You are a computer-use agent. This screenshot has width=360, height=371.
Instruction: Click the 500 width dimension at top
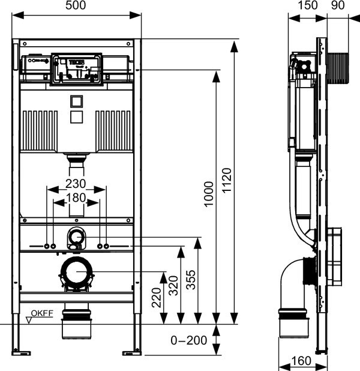(x=76, y=5)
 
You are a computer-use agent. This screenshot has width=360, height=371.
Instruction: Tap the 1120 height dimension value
(x=227, y=180)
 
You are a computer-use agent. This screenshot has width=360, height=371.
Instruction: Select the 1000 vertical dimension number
(x=209, y=195)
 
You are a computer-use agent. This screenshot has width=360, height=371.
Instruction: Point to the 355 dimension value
(x=191, y=280)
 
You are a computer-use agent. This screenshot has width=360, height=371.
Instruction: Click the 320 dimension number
(x=173, y=286)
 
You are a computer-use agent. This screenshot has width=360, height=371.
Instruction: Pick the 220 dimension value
(x=157, y=298)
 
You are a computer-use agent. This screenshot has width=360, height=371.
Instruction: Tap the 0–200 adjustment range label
(x=189, y=340)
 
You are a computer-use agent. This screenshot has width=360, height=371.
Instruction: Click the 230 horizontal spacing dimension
(x=76, y=184)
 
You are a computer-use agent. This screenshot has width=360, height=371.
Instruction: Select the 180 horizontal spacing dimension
(x=76, y=198)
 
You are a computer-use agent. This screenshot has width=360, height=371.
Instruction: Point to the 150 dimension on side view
(x=307, y=5)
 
